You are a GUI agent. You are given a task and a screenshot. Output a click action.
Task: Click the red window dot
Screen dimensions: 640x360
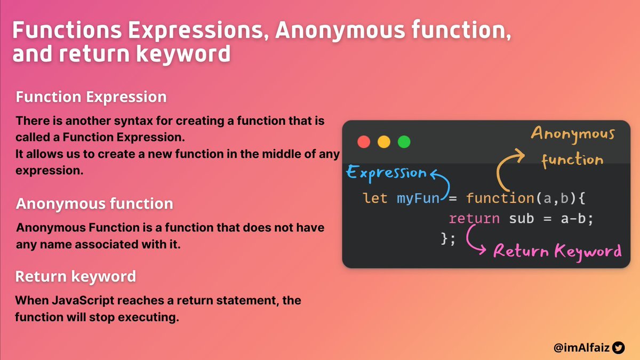point(364,142)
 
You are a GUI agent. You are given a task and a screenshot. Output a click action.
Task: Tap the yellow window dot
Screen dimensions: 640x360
point(383,142)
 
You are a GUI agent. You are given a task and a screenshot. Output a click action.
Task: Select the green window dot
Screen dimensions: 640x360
point(404,142)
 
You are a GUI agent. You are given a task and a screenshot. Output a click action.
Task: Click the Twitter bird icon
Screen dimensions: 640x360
point(618,348)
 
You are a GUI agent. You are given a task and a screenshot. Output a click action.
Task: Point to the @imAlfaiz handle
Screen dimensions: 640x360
point(581,348)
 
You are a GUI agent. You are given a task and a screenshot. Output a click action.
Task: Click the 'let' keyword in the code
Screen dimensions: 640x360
point(375,198)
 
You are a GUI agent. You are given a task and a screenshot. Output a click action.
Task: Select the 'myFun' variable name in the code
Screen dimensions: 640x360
point(418,198)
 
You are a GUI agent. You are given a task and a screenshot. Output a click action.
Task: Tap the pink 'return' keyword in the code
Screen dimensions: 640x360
point(474,219)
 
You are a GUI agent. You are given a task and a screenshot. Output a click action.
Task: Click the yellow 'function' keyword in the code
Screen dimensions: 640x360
point(500,198)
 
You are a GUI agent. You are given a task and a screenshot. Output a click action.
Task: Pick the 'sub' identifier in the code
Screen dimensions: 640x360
point(522,219)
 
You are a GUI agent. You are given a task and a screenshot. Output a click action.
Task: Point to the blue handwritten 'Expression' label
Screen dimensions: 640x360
point(386,173)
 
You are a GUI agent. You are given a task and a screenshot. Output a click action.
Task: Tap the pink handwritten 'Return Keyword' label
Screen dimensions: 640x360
point(557,252)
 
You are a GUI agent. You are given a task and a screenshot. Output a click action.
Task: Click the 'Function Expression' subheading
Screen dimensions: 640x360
point(91,97)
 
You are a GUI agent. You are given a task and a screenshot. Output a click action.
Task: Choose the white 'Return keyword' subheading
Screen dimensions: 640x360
point(75,276)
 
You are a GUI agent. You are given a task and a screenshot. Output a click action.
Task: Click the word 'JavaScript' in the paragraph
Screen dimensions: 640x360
point(83,301)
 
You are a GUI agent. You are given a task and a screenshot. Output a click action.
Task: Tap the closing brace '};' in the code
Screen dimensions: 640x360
point(448,238)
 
